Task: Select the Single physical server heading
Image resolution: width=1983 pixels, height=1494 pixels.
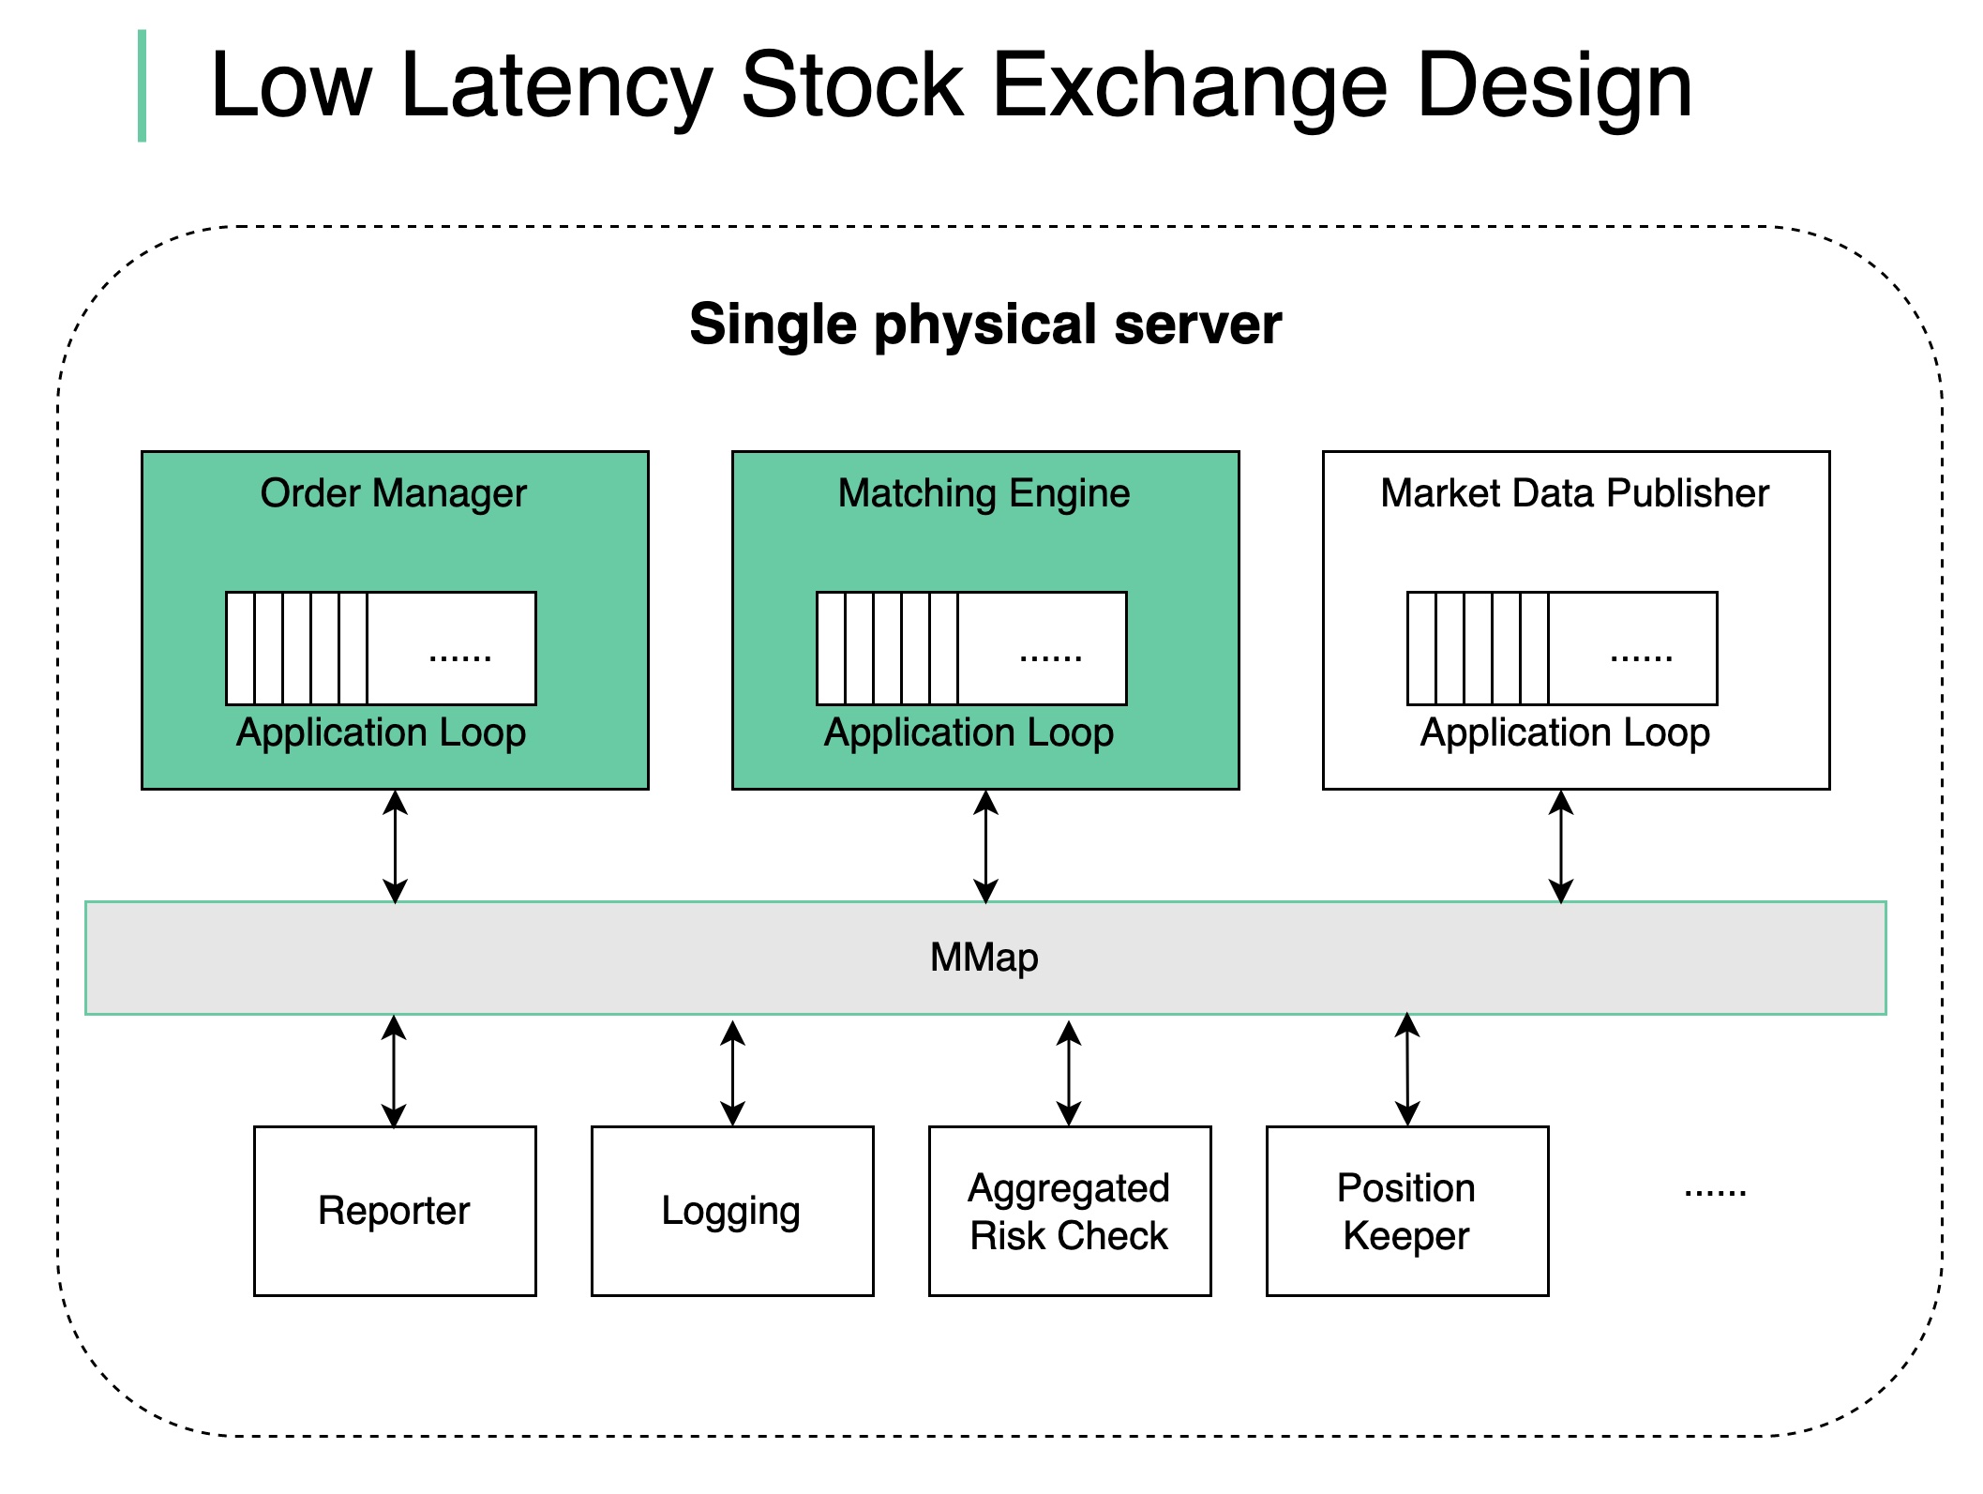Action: [985, 324]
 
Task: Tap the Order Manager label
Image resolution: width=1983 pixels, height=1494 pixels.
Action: [394, 493]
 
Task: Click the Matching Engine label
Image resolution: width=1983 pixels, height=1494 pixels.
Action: [984, 493]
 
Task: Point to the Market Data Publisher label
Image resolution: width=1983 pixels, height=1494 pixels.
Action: [1575, 493]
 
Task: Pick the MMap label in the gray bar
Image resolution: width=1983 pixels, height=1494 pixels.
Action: [984, 958]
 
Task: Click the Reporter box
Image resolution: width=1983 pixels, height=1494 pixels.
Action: [395, 1211]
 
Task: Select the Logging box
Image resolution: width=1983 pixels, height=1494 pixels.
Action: [732, 1211]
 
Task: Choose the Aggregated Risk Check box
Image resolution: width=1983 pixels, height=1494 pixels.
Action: [1070, 1211]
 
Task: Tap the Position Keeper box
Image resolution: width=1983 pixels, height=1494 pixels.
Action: [1407, 1211]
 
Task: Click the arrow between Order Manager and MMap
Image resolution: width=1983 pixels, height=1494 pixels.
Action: [396, 846]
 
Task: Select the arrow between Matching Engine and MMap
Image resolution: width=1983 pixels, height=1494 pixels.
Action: [985, 846]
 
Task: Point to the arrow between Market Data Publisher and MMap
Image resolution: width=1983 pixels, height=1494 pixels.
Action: [1561, 846]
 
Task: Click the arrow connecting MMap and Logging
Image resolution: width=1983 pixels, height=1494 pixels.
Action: [732, 1073]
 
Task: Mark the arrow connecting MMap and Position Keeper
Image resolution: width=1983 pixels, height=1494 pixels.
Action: [1407, 1069]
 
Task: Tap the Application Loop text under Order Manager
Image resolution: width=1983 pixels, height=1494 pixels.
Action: [381, 733]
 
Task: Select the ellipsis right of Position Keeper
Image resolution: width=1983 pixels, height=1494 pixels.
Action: [1715, 1193]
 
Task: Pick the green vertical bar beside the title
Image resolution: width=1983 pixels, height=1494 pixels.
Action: [142, 86]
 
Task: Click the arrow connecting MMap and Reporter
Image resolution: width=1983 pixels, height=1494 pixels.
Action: [395, 1071]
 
